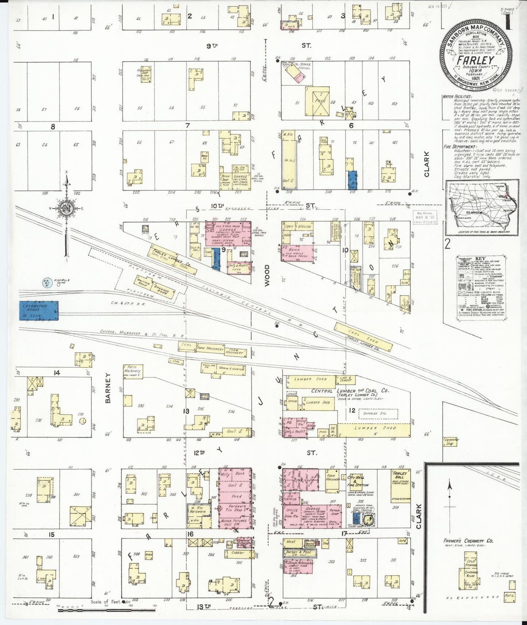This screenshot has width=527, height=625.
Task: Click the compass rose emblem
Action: [x=67, y=208]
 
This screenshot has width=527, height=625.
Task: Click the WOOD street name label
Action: [x=267, y=276]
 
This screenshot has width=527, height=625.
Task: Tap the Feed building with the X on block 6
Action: [x=317, y=101]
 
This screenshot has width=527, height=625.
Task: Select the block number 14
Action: [x=57, y=373]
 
